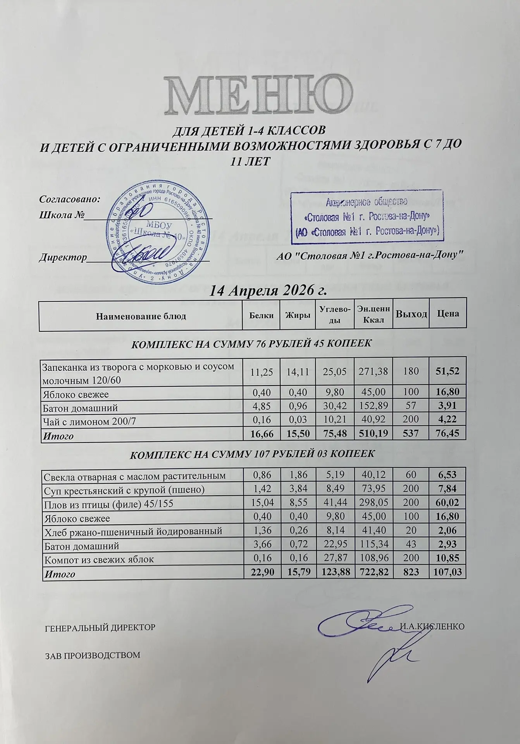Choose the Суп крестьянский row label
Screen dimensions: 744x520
pos(124,490)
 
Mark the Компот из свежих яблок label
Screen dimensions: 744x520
pos(99,560)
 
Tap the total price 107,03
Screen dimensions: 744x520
pos(448,573)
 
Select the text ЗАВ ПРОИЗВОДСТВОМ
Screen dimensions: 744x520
pos(92,655)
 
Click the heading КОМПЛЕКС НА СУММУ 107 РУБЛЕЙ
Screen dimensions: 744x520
pos(251,454)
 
